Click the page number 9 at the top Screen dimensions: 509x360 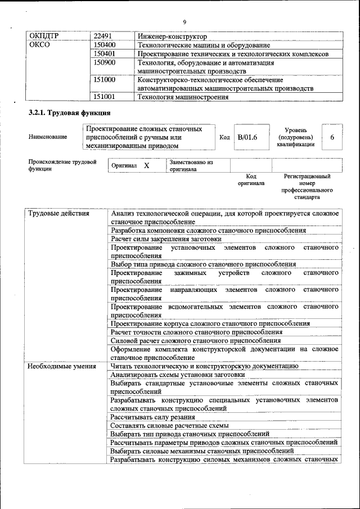184,22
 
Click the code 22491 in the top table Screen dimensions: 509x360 103,36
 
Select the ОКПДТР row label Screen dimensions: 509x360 44,36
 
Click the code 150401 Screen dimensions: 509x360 105,54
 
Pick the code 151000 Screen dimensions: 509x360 105,80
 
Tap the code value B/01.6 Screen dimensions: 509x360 247,137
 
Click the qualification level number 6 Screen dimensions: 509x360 332,137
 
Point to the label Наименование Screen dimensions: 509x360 48,137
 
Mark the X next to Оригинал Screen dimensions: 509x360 146,166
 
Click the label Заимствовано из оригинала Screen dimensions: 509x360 191,165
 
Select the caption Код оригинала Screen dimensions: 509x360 251,180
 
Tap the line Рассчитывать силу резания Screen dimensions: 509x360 153,417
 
